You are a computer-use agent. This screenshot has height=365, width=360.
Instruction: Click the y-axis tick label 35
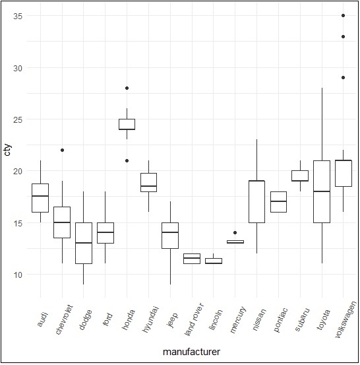point(18,16)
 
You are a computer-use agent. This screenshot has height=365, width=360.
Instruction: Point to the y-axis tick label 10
point(18,274)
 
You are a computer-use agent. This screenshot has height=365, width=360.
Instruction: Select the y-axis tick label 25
point(18,119)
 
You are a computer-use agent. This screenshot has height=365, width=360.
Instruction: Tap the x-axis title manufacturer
point(191,352)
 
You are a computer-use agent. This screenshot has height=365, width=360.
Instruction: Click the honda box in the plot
point(127,124)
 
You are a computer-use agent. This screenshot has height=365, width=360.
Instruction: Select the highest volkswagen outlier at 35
point(344,16)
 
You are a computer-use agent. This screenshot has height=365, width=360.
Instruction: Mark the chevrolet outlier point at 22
point(62,150)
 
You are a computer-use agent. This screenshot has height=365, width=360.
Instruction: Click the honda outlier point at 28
point(127,88)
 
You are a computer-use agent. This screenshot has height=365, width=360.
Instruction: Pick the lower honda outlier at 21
point(127,160)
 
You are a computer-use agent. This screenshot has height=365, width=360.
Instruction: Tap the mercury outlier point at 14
point(235,232)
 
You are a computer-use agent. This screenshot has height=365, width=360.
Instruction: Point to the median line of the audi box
point(40,196)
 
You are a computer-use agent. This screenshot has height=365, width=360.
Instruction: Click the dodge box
point(84,243)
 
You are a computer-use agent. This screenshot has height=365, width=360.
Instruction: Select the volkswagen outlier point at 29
point(344,78)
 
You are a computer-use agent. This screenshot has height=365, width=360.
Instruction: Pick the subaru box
point(300,176)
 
